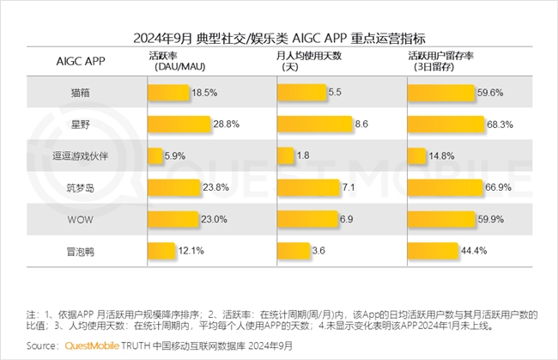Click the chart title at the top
pyautogui.click(x=279, y=39)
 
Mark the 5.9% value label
pyautogui.click(x=175, y=156)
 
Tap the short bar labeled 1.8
pyautogui.click(x=284, y=156)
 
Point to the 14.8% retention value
pyautogui.click(x=442, y=156)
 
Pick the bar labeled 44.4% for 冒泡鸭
pyautogui.click(x=433, y=251)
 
